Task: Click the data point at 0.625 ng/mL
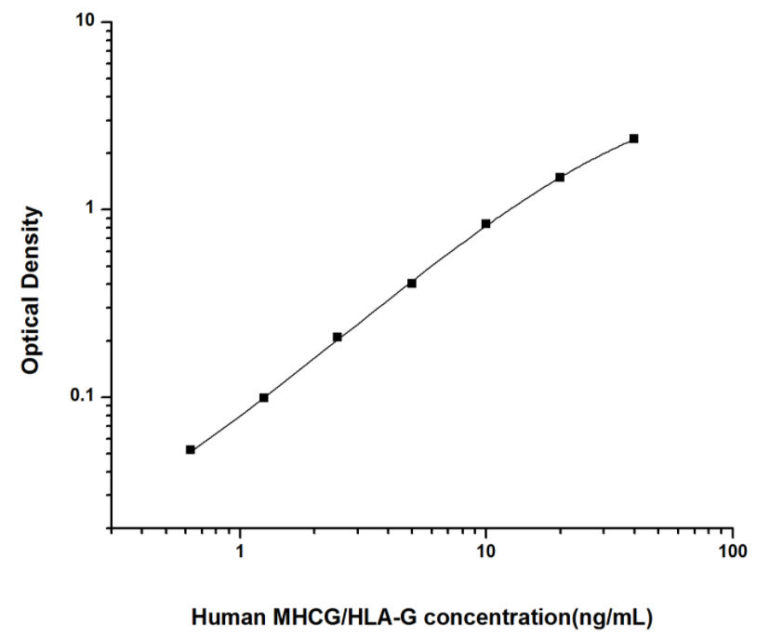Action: (191, 450)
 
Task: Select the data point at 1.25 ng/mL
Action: (264, 397)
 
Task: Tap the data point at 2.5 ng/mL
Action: (338, 337)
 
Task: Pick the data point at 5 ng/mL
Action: (412, 283)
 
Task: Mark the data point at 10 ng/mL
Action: (485, 223)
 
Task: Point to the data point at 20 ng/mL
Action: (560, 177)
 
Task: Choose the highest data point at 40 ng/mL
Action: (634, 139)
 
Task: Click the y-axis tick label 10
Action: (88, 21)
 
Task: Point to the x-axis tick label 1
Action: (241, 552)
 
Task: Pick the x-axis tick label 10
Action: (485, 552)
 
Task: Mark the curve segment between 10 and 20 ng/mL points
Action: (524, 199)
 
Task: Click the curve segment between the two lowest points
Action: (228, 424)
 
